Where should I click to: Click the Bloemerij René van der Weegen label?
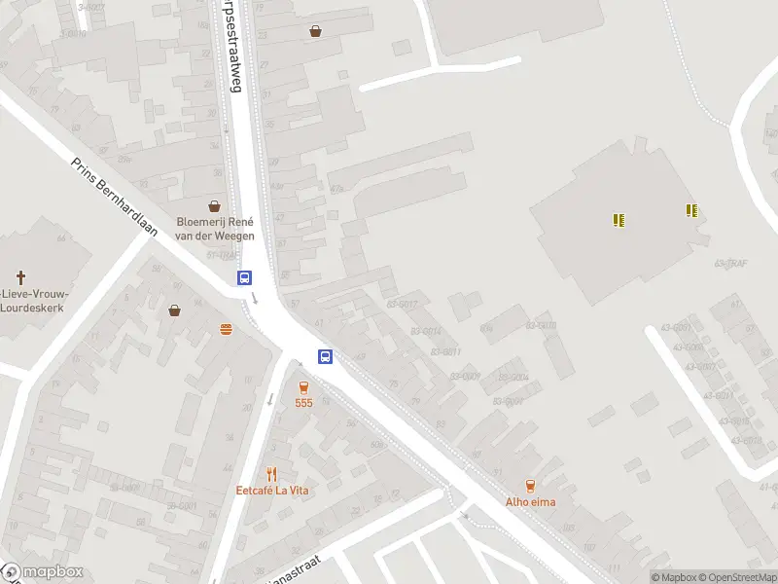(x=215, y=228)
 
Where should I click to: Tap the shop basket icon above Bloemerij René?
(x=214, y=206)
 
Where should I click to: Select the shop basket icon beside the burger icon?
(x=174, y=310)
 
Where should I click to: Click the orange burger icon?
(x=227, y=329)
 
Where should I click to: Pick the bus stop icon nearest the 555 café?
(x=326, y=356)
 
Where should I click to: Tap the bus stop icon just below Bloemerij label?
(x=244, y=277)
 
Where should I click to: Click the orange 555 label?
(x=304, y=402)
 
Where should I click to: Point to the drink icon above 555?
(x=304, y=386)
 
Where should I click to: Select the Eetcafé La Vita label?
(x=272, y=491)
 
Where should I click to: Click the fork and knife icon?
(x=271, y=474)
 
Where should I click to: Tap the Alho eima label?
(x=531, y=502)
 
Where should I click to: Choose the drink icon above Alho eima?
(x=530, y=485)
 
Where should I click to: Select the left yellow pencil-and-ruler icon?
(x=619, y=220)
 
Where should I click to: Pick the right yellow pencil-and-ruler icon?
(x=691, y=210)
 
